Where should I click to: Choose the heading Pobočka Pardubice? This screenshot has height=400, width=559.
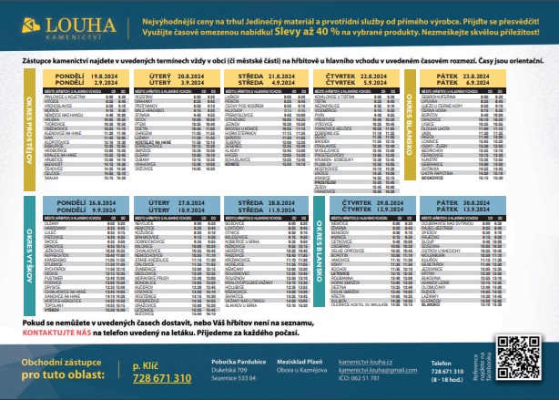pyautogui.click(x=239, y=363)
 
